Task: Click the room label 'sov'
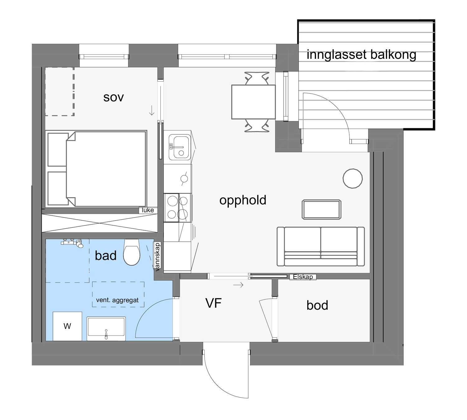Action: click(113, 98)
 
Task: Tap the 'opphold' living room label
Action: click(243, 200)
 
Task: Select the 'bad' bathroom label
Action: click(106, 256)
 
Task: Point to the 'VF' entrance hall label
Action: click(214, 303)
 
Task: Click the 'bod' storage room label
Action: click(317, 306)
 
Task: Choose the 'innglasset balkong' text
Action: click(361, 55)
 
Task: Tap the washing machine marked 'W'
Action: click(67, 326)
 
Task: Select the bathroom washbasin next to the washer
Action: click(106, 329)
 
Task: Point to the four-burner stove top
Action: click(178, 208)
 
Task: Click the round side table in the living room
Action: click(352, 179)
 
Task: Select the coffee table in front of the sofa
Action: click(322, 209)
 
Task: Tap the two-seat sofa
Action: click(321, 246)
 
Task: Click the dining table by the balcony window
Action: click(253, 102)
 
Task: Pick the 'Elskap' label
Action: click(303, 277)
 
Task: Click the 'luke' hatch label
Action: click(148, 210)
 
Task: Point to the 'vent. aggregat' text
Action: click(117, 300)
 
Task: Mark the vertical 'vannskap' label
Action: click(157, 257)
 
